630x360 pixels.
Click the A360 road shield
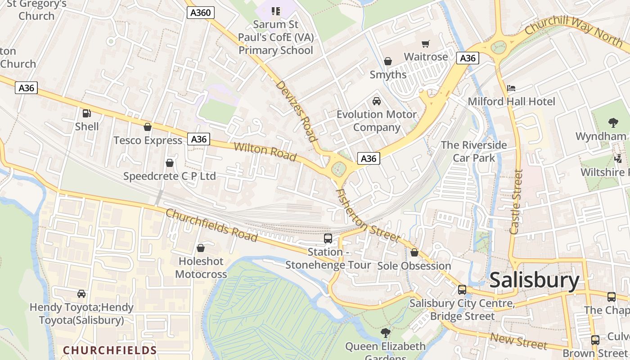pos(200,13)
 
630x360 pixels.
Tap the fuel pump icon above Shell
pos(86,113)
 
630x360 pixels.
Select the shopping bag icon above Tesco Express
pos(147,127)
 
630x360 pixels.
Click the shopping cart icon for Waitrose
pos(425,44)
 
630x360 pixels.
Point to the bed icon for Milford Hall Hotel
pos(511,88)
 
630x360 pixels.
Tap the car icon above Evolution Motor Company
pos(377,101)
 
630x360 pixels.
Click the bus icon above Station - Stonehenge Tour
pos(328,238)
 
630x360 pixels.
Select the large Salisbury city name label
pos(534,280)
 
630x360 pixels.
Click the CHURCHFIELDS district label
pos(110,350)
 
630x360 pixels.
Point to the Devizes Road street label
pos(297,111)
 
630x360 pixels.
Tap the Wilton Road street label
pos(265,152)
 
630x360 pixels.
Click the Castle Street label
pos(516,202)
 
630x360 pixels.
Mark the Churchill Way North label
pos(574,30)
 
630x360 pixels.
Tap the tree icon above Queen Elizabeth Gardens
pos(385,333)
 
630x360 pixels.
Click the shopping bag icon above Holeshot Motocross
pos(201,248)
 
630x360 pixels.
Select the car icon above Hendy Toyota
pos(81,294)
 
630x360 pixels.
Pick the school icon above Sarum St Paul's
pos(276,11)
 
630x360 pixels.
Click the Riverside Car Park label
pos(474,151)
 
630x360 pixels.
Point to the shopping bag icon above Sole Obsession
pos(414,253)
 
